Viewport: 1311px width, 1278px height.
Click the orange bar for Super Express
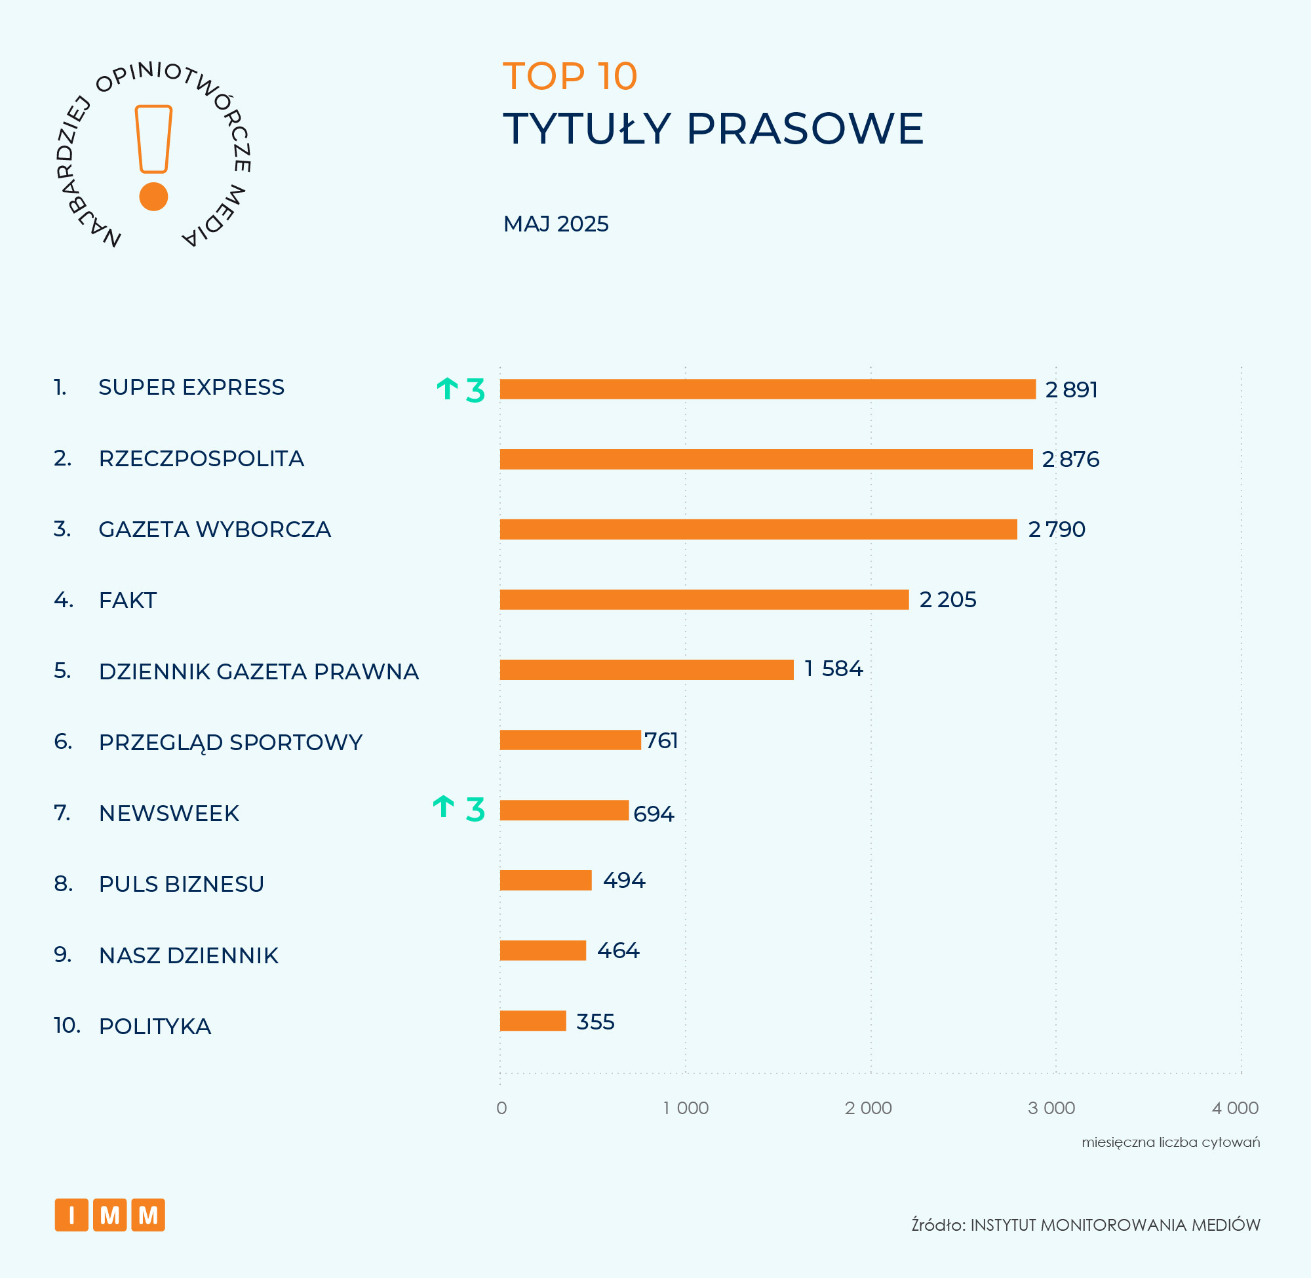coord(768,389)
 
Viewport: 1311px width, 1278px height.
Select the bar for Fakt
coord(704,599)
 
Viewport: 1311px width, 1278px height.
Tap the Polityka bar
coord(533,1021)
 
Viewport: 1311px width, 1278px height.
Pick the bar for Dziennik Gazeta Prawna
coord(646,670)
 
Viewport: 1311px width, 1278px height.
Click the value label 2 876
coord(1070,460)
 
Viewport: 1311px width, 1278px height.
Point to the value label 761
coord(661,740)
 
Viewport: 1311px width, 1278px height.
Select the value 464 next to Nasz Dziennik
coord(618,950)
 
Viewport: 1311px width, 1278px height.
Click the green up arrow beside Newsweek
coord(444,807)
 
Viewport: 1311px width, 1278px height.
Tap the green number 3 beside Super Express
coord(475,391)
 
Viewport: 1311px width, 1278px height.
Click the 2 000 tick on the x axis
coord(868,1108)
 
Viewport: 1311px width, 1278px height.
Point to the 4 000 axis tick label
coord(1234,1108)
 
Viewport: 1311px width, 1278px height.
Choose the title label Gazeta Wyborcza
coord(215,530)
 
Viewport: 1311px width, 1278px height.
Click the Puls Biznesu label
coord(181,884)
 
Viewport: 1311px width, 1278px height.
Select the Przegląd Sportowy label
coord(230,742)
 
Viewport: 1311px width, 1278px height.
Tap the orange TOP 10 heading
coord(570,77)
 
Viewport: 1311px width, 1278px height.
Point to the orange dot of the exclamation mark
coord(153,197)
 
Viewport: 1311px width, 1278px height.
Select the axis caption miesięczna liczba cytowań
coord(1170,1142)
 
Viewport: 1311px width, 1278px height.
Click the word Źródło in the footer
coord(937,1225)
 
